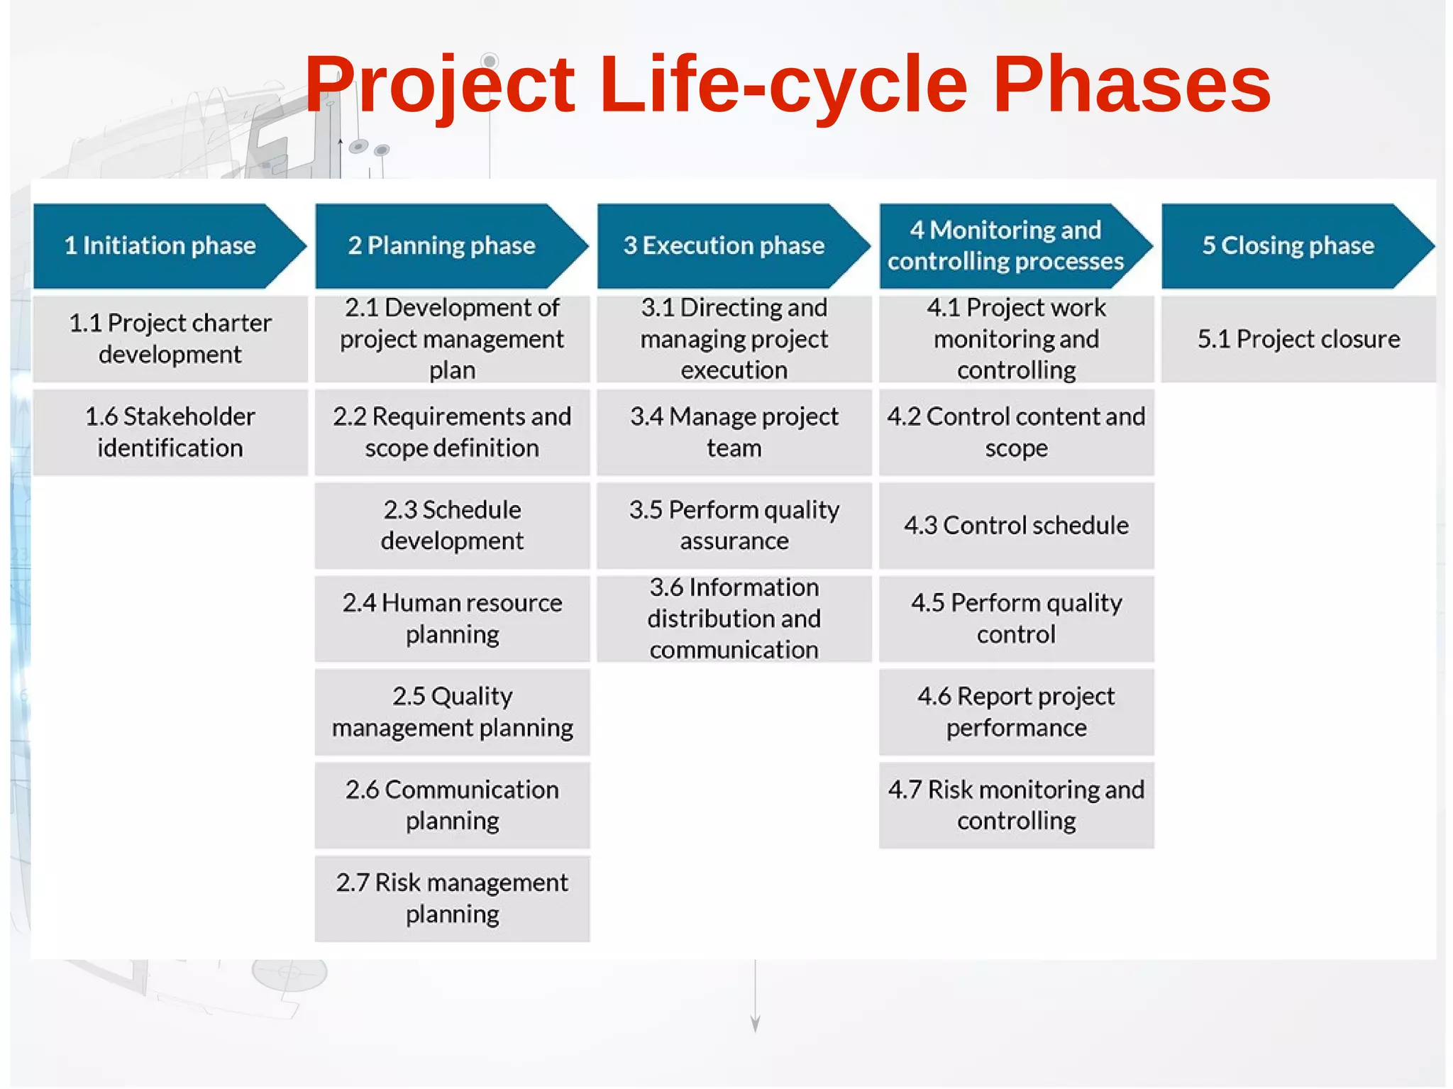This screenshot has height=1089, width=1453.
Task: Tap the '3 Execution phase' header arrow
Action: pos(724,245)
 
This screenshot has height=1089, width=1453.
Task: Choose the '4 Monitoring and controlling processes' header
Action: pos(1006,245)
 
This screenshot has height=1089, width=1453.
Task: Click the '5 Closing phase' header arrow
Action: pos(1288,245)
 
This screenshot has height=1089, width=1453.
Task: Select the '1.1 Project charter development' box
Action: pos(170,338)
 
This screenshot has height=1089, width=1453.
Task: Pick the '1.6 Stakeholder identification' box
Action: pos(170,432)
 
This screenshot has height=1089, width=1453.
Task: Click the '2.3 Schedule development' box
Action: pos(452,525)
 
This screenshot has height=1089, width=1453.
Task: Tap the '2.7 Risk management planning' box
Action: pos(452,898)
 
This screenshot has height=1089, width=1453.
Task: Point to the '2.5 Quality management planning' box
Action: pos(452,712)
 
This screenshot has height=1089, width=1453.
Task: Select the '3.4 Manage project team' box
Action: pos(734,432)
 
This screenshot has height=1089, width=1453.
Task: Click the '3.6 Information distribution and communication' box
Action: pos(734,619)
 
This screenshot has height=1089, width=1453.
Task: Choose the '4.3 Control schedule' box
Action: pos(1016,525)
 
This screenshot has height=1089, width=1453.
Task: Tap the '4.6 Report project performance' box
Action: pos(1016,712)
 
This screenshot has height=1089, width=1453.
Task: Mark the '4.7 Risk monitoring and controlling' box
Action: pos(1016,805)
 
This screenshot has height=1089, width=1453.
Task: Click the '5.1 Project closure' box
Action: pos(1298,338)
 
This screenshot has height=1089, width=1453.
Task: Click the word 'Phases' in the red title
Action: pos(1131,85)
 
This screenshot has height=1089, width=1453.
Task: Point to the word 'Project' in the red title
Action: pos(440,85)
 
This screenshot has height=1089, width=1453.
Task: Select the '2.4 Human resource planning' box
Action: pos(452,619)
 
